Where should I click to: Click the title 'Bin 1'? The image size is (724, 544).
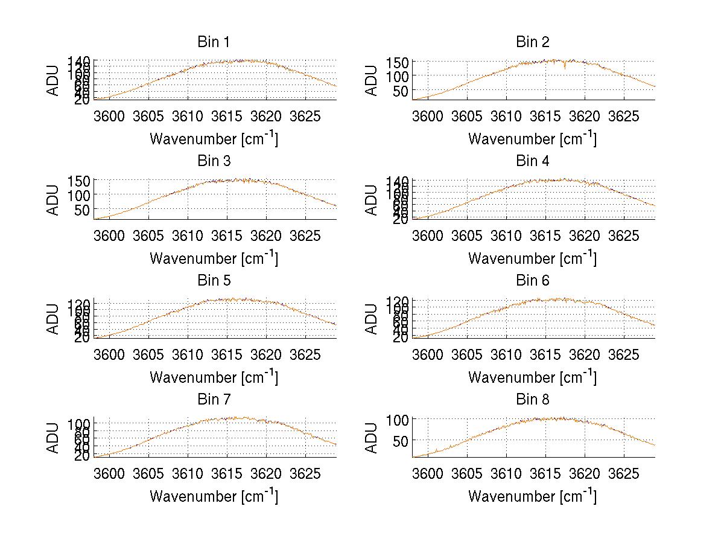coord(214,42)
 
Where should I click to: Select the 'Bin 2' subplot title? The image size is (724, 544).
coord(532,42)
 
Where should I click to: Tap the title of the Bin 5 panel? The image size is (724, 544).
coord(214,281)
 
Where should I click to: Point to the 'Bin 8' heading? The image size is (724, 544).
coord(532,400)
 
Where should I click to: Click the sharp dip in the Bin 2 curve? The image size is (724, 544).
coord(565,67)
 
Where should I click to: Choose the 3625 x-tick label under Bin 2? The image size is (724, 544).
coord(623,116)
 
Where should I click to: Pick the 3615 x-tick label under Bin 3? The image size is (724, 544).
coord(227,235)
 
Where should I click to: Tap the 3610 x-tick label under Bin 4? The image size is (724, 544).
coord(506,235)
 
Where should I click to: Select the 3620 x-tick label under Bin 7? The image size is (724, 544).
coord(266,473)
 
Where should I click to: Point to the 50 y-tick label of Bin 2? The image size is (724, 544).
coord(402,91)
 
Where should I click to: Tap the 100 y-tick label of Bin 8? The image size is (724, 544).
coord(398,419)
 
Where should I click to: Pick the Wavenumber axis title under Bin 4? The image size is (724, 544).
coord(532,258)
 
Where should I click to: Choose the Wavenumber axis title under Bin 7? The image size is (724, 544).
coord(214,496)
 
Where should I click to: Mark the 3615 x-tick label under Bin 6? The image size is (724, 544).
coord(545,354)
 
